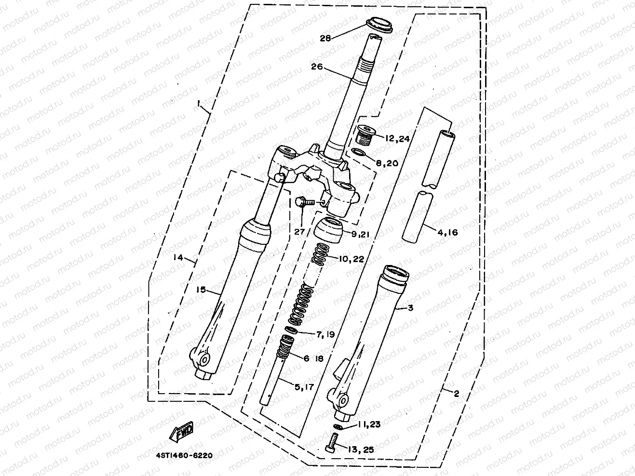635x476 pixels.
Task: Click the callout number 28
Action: [x=325, y=38]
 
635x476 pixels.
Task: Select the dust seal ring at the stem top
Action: [x=379, y=24]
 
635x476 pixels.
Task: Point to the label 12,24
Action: [x=397, y=138]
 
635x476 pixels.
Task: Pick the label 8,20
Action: [x=387, y=163]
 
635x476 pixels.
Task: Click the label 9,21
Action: [x=361, y=235]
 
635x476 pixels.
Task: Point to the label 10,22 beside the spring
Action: [x=351, y=259]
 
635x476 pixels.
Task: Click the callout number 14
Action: [x=178, y=258]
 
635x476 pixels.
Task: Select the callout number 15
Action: [x=201, y=289]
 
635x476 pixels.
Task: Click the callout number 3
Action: [x=410, y=307]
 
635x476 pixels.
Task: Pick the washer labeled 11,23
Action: [x=338, y=427]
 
